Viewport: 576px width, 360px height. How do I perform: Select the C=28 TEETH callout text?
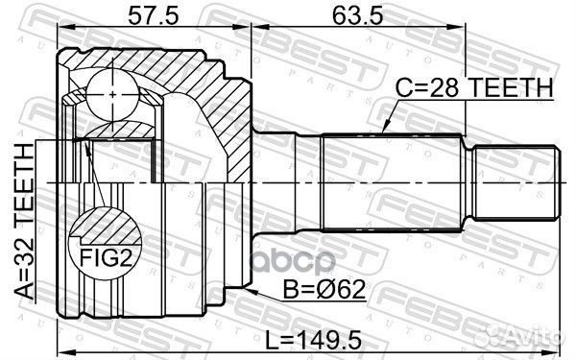[474, 88]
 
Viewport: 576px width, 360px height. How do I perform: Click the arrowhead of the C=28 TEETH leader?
[383, 130]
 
